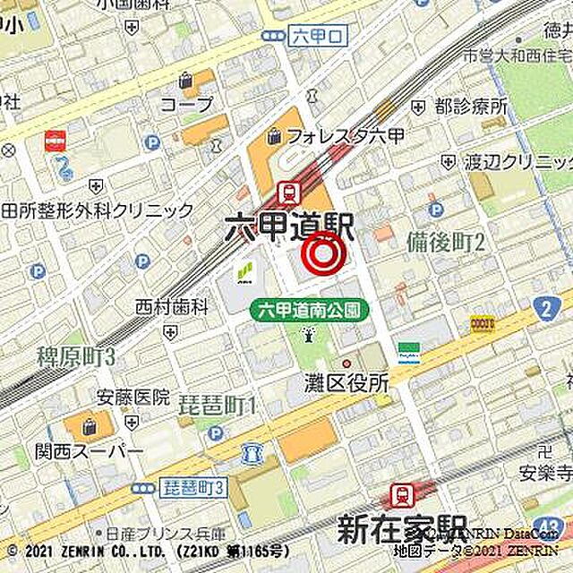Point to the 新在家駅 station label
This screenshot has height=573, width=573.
403,529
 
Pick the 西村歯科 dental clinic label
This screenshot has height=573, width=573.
171,307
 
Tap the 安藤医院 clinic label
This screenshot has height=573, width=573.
133,396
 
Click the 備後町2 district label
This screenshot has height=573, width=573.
445,242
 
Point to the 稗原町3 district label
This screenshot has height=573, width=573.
77,356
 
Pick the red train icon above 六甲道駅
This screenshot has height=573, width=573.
288,191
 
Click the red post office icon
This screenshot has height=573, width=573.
56,141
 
